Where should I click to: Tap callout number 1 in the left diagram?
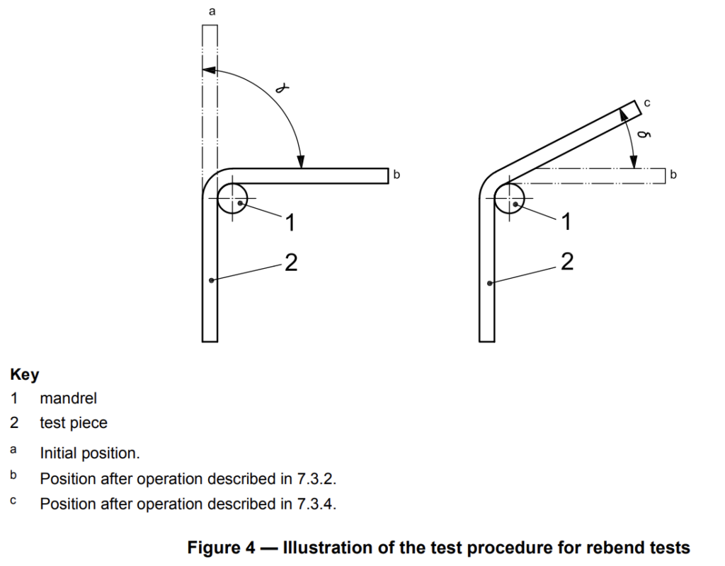pos(289,222)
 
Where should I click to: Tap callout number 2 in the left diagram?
pos(290,263)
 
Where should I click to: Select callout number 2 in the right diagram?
pos(566,262)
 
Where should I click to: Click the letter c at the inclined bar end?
pos(647,103)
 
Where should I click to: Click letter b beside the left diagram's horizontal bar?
pos(397,174)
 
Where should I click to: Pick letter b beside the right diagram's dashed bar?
pos(673,174)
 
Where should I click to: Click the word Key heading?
pos(25,374)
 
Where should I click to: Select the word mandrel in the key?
pos(69,398)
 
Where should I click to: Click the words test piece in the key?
pos(74,423)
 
